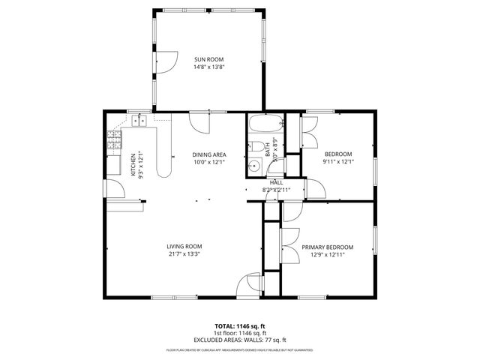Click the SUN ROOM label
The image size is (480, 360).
pyautogui.click(x=209, y=59)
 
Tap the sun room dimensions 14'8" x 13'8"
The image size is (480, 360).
pyautogui.click(x=209, y=67)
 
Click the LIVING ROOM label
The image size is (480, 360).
pyautogui.click(x=184, y=246)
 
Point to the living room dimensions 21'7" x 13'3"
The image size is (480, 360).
pyautogui.click(x=184, y=253)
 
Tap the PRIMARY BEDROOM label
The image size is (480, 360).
pyautogui.click(x=327, y=247)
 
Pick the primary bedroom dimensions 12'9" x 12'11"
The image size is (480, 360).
pyautogui.click(x=327, y=254)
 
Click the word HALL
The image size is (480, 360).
pyautogui.click(x=276, y=182)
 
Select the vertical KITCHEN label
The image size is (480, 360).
pyautogui.click(x=133, y=164)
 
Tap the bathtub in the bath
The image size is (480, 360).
pyautogui.click(x=265, y=124)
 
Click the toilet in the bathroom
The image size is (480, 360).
pyautogui.click(x=256, y=147)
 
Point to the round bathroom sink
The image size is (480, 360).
pyautogui.click(x=254, y=166)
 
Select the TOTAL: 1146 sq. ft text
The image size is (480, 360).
pyautogui.click(x=239, y=326)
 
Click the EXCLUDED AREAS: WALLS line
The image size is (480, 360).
pyautogui.click(x=239, y=340)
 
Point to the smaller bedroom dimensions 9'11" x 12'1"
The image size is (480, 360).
pyautogui.click(x=337, y=161)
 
